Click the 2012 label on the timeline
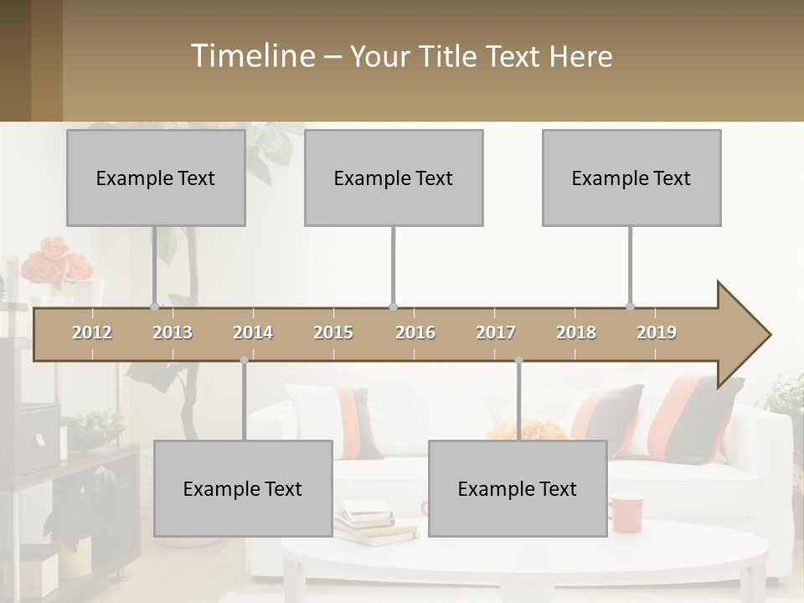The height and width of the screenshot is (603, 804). pos(92,333)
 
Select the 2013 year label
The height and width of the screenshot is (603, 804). pos(173,333)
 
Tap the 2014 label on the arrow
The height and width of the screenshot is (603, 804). pos(253,333)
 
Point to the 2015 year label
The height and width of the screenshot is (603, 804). pos(333,333)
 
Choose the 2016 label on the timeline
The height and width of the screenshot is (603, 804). pos(415,333)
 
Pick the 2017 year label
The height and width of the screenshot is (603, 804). pos(496,333)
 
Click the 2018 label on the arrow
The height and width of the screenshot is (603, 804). pos(576,333)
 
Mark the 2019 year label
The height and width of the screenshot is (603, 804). pos(657,333)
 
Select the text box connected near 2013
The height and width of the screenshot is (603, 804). pos(156,178)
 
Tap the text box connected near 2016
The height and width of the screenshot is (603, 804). pos(394,178)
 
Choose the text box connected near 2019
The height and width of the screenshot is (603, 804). pos(631,178)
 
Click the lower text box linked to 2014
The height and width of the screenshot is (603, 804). pos(243,488)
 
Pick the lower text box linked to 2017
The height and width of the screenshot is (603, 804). pos(518,488)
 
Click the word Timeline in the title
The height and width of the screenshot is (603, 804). pos(251,56)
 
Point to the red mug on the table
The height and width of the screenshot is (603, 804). pos(625,513)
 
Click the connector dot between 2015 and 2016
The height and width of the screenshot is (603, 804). pos(394,307)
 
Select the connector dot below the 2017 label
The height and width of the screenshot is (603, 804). pos(518,360)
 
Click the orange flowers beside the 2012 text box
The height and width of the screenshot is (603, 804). pos(46,261)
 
